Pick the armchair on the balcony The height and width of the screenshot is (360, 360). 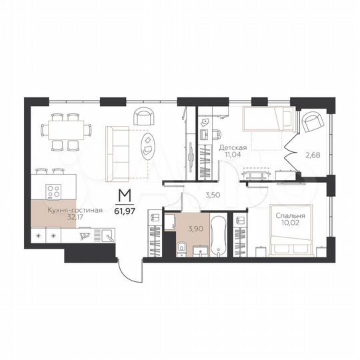point(311,123)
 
